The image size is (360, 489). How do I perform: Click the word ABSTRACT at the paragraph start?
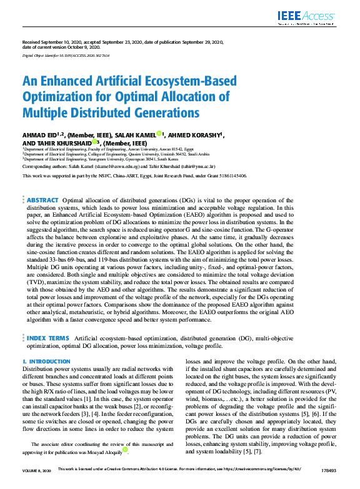(42, 200)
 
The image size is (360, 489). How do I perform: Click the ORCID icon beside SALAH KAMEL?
(159, 134)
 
